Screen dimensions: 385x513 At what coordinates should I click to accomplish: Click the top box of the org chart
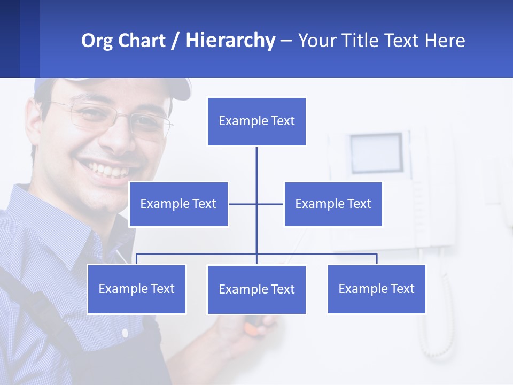pyautogui.click(x=256, y=121)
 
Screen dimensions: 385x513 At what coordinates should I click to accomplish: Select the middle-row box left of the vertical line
pyautogui.click(x=178, y=204)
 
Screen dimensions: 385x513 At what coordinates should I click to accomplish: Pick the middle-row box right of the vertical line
pyautogui.click(x=333, y=204)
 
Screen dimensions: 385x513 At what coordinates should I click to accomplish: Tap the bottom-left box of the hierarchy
pyautogui.click(x=136, y=289)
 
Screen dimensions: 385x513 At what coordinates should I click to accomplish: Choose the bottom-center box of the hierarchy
pyautogui.click(x=256, y=289)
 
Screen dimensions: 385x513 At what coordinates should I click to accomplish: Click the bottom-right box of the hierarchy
pyautogui.click(x=376, y=289)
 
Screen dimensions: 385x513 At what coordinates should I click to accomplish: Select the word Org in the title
pyautogui.click(x=97, y=41)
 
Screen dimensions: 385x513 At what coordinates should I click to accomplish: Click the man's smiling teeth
pyautogui.click(x=110, y=170)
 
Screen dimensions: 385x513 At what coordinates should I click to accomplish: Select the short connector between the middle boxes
pyautogui.click(x=243, y=204)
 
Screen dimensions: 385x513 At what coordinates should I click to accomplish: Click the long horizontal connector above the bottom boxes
pyautogui.click(x=321, y=254)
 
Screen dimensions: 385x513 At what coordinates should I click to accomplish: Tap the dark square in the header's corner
pyautogui.click(x=10, y=38)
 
